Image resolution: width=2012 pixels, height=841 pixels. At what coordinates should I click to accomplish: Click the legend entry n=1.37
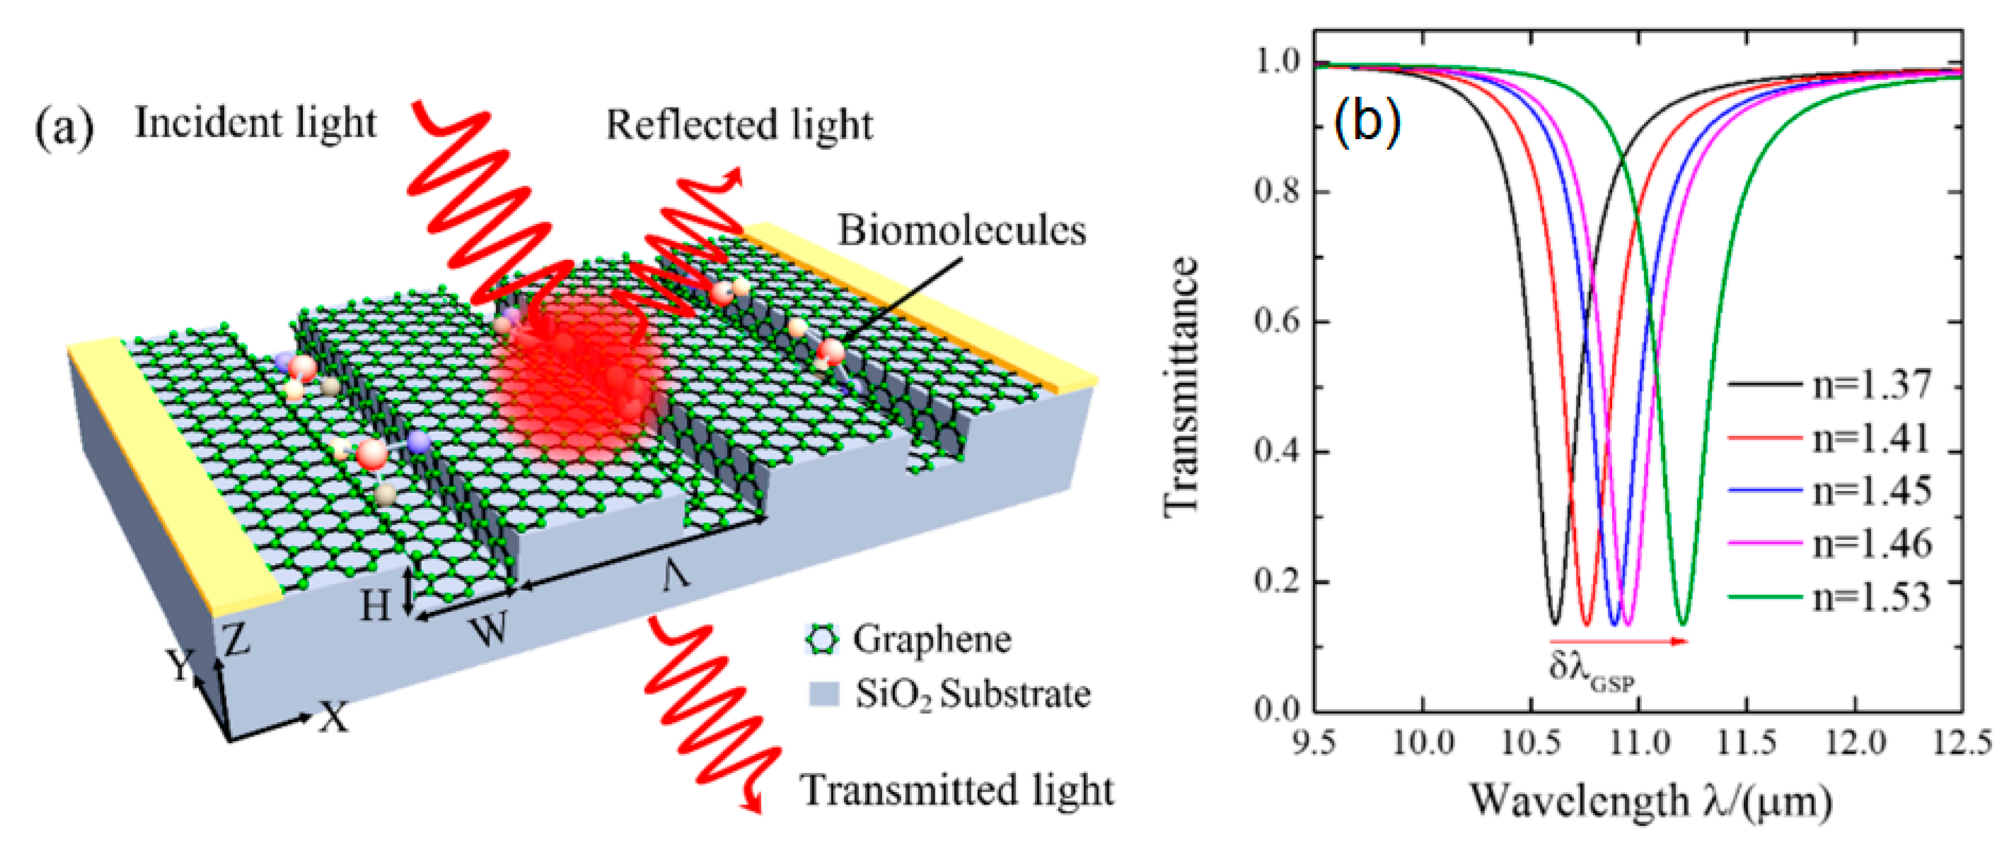click(1871, 385)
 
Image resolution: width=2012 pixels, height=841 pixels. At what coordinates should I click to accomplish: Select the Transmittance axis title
click(1181, 386)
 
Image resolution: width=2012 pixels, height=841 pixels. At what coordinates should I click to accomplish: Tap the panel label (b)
click(1367, 121)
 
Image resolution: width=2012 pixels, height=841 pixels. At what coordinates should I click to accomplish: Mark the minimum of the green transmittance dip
click(1683, 623)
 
